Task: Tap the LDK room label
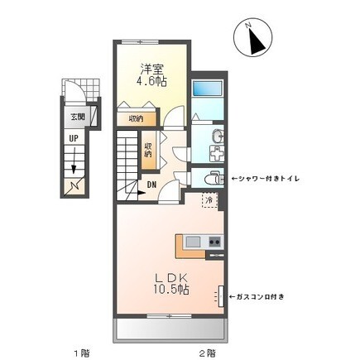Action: pos(171,278)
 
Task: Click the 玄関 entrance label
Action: pos(78,117)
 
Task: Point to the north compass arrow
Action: pos(257,39)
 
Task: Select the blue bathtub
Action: pos(207,89)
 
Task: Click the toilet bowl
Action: pos(212,178)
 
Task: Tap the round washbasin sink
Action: pos(218,137)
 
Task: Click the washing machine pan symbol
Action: pos(217,154)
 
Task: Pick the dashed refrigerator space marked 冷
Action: pos(210,200)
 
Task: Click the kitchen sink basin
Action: pos(193,242)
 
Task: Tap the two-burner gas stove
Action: pos(214,242)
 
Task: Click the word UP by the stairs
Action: pos(74,138)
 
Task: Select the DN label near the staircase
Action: pos(151,185)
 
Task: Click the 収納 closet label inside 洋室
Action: pos(136,119)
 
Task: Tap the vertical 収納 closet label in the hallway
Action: pos(148,150)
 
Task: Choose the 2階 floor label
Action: pos(208,353)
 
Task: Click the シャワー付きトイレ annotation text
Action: pos(265,179)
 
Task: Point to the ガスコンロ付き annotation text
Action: pos(257,297)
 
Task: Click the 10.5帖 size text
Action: pos(171,290)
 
